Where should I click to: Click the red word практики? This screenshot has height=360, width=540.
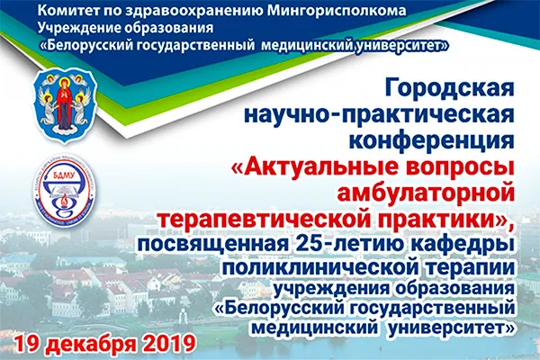pyautogui.click(x=454, y=217)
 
